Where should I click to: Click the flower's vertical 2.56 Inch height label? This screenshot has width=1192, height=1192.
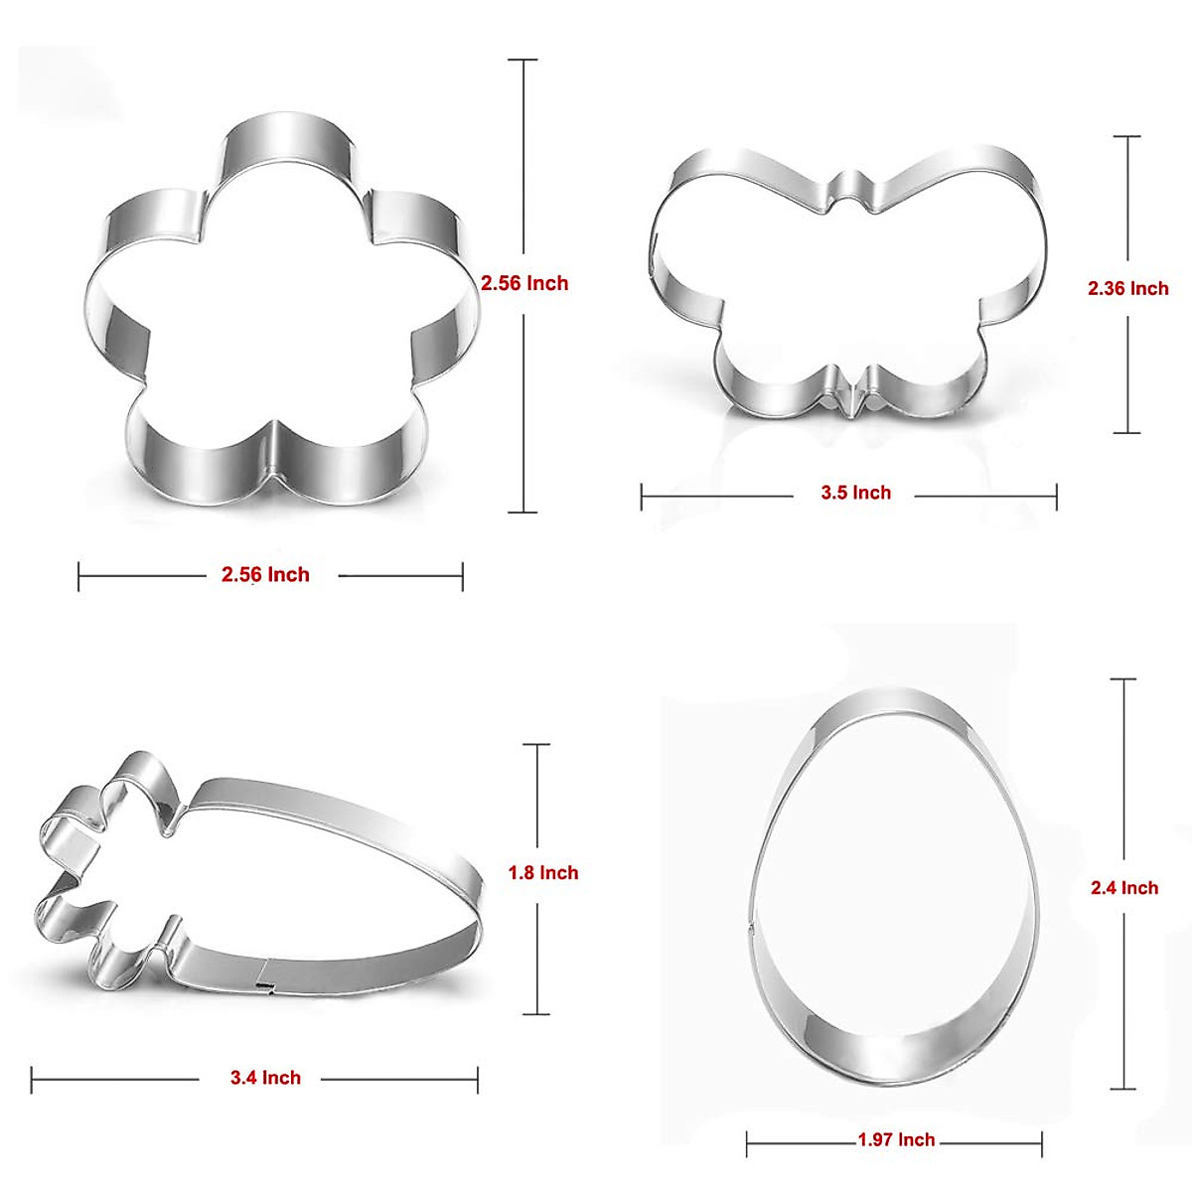click(524, 283)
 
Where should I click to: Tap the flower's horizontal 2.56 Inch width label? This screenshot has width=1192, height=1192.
click(265, 574)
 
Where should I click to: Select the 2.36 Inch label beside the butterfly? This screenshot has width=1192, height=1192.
click(1127, 288)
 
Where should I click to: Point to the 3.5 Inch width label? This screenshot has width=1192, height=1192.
click(855, 493)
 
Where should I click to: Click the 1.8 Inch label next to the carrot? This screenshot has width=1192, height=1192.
click(542, 873)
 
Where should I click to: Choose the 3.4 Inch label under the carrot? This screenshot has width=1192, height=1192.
click(265, 1078)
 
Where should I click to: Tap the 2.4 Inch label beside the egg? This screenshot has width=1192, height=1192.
click(1124, 888)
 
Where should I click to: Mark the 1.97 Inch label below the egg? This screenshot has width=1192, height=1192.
click(896, 1140)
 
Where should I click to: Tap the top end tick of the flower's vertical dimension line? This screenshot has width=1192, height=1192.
click(522, 61)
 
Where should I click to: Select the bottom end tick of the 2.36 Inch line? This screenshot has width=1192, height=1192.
click(1126, 432)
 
